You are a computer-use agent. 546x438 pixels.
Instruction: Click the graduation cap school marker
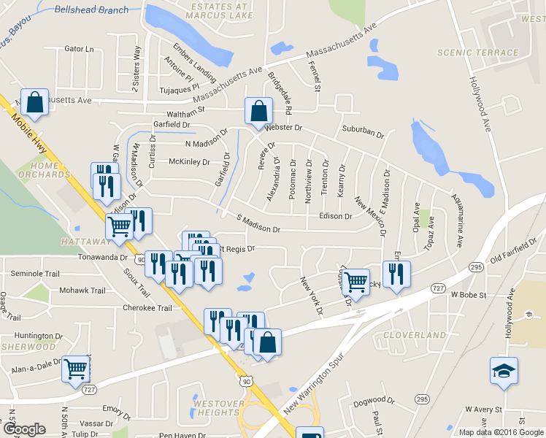[504, 372]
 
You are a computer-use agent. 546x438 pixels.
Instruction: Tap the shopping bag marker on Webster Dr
[258, 112]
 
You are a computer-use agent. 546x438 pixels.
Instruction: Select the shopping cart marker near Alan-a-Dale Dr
[76, 369]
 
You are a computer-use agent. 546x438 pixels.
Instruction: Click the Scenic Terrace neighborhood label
[467, 53]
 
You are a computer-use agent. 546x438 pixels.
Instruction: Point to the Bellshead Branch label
[92, 10]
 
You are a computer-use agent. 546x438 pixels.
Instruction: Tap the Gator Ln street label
[80, 49]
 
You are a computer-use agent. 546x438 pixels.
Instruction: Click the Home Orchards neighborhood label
[45, 169]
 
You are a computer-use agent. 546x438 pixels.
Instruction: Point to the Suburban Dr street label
[363, 133]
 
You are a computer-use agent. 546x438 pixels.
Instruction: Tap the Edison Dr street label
[337, 216]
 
